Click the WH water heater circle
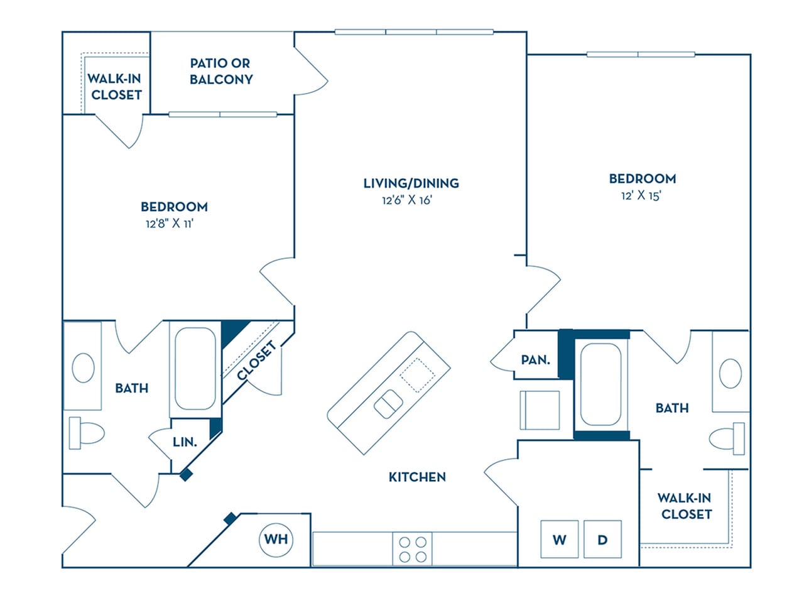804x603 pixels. pyautogui.click(x=276, y=539)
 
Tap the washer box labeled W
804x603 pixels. pyautogui.click(x=560, y=539)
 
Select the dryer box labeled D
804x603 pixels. pyautogui.click(x=602, y=539)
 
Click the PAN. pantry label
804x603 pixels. pyautogui.click(x=535, y=360)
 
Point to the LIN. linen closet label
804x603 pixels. pyautogui.click(x=185, y=442)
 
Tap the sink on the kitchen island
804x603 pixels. pyautogui.click(x=388, y=404)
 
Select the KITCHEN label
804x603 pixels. pyautogui.click(x=417, y=477)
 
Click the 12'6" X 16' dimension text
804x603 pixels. pyautogui.click(x=408, y=200)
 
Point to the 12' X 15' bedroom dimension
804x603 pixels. pyautogui.click(x=641, y=195)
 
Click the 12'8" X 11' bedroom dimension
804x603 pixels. pyautogui.click(x=170, y=224)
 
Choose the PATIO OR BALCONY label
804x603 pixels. pyautogui.click(x=220, y=72)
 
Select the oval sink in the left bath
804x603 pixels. pyautogui.click(x=83, y=368)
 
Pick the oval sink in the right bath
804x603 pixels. pyautogui.click(x=730, y=374)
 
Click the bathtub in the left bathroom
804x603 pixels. pyautogui.click(x=195, y=369)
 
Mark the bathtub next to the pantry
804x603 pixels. pyautogui.click(x=601, y=384)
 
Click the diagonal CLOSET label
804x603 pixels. pyautogui.click(x=257, y=361)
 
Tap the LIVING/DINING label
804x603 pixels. pyautogui.click(x=411, y=183)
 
